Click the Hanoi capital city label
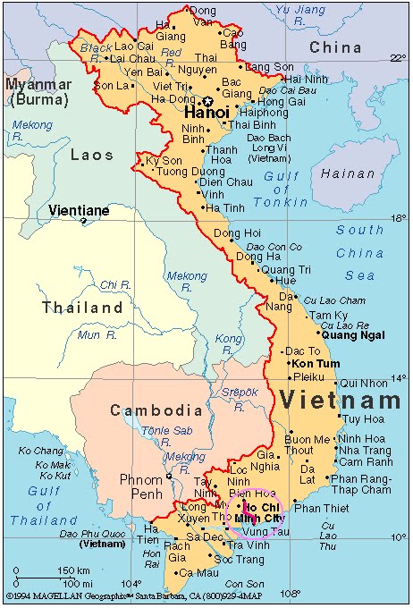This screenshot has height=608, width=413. [207, 114]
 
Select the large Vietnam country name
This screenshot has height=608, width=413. [339, 400]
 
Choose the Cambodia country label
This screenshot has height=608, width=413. [156, 410]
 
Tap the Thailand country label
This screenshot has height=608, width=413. [82, 308]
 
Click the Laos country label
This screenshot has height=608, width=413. [92, 155]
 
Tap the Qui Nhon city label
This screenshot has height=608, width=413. [364, 383]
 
